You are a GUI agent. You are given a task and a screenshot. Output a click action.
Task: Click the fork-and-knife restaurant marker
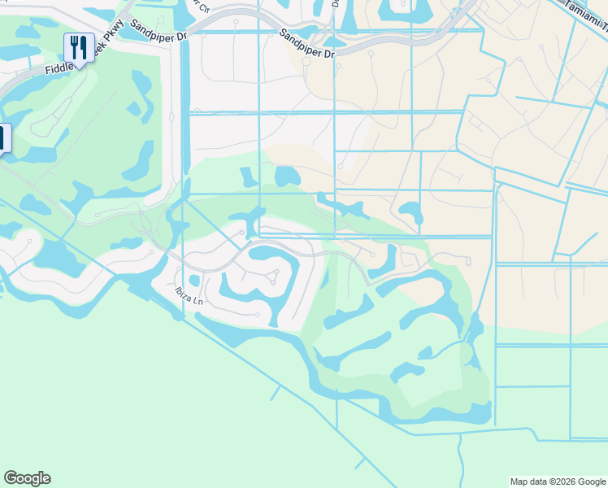[79, 47]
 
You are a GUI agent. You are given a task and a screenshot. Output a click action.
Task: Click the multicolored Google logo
[27, 478]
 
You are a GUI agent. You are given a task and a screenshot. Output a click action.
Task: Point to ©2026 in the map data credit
[557, 481]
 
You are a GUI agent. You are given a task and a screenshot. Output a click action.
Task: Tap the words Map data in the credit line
[526, 481]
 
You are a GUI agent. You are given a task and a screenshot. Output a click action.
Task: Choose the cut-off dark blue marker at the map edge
[3, 138]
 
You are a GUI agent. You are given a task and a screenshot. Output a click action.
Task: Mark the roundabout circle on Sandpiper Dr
[306, 59]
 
